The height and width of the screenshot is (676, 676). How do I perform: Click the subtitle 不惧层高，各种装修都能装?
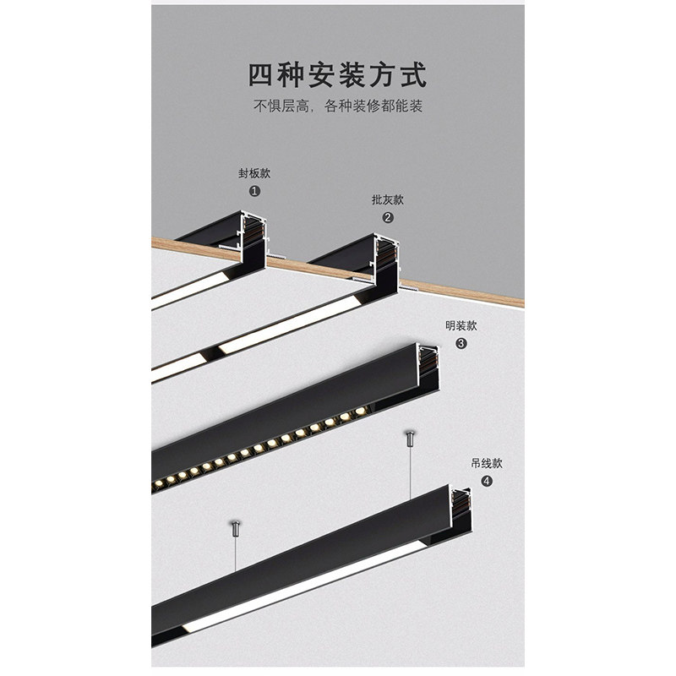point(337,107)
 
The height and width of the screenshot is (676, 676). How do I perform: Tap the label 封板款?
point(254,174)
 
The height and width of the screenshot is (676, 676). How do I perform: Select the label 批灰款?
point(388,200)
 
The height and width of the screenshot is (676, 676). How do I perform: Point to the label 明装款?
point(461,325)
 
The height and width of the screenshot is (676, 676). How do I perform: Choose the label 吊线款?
point(486,463)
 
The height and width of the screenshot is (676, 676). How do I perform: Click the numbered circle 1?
point(254,191)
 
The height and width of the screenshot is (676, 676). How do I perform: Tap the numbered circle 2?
point(388,217)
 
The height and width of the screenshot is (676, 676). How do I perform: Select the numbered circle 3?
point(461,343)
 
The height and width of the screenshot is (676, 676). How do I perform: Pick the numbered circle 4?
point(486,481)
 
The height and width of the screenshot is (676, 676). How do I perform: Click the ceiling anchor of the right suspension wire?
point(409,439)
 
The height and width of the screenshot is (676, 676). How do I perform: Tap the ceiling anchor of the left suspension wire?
point(236,529)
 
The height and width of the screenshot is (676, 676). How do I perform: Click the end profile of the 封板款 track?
point(253,240)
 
